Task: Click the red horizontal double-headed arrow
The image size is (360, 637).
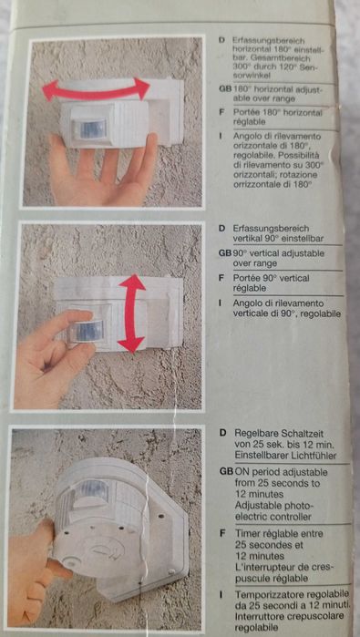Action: coord(96,88)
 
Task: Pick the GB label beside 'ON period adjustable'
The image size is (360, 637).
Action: coord(224,472)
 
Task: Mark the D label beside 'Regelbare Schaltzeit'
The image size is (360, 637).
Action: coord(222,430)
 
